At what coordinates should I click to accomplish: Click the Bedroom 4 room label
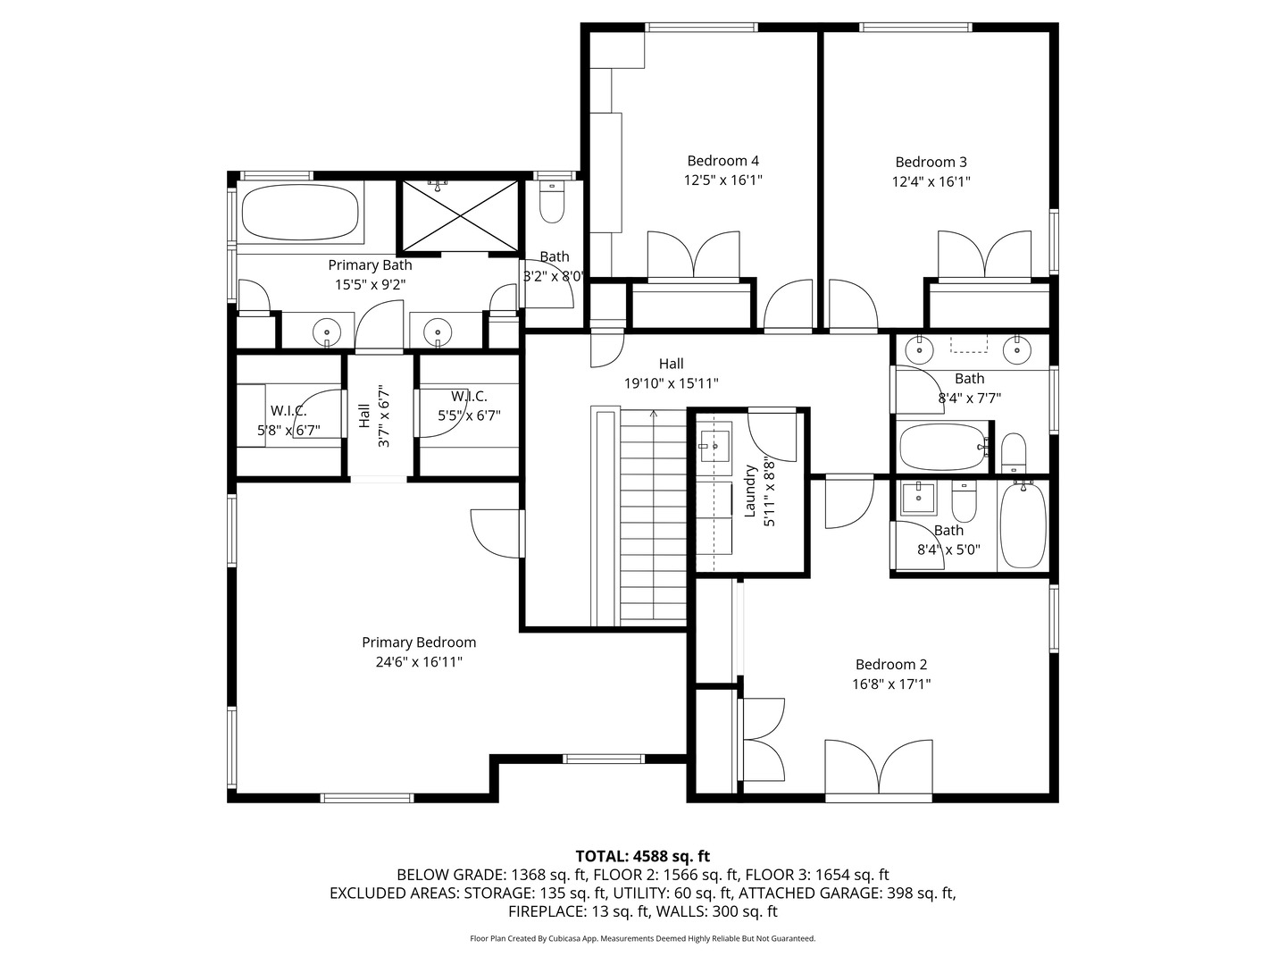722,161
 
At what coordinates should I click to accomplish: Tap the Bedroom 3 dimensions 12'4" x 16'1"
931,181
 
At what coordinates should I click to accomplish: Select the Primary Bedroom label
419,642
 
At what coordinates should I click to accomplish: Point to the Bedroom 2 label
890,664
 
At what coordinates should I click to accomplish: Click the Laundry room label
750,491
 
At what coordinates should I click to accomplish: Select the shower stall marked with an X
460,215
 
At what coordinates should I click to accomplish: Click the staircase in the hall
653,518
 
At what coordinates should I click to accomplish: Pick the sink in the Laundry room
714,444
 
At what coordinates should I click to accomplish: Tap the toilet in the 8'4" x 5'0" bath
964,503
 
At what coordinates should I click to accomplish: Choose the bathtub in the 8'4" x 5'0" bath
1023,524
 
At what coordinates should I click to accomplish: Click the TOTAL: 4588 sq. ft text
642,856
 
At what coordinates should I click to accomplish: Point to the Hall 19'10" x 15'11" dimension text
671,383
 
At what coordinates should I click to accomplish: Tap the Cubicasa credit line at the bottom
642,938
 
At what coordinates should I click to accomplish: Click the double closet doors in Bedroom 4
694,256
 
